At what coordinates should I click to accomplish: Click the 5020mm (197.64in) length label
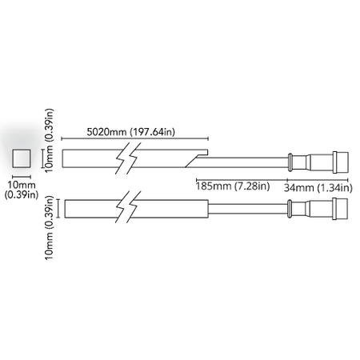pyautogui.click(x=131, y=132)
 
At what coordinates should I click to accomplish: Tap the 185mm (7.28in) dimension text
pyautogui.click(x=233, y=186)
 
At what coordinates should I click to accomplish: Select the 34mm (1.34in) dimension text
pyautogui.click(x=318, y=188)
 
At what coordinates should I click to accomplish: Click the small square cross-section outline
pyautogui.click(x=22, y=158)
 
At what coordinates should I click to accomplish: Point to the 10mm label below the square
pyautogui.click(x=22, y=185)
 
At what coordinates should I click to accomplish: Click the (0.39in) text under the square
pyautogui.click(x=22, y=194)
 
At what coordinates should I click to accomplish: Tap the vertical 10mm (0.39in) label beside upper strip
pyautogui.click(x=50, y=141)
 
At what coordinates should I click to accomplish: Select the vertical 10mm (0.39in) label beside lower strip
pyautogui.click(x=50, y=228)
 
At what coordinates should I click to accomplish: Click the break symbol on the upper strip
pyautogui.click(x=128, y=158)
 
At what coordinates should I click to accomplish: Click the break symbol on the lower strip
pyautogui.click(x=128, y=207)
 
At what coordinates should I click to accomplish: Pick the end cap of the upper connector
pyautogui.click(x=341, y=162)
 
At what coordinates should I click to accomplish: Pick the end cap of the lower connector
pyautogui.click(x=340, y=209)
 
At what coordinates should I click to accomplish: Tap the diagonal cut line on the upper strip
pyautogui.click(x=192, y=161)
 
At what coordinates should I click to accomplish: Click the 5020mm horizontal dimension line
pyautogui.click(x=134, y=138)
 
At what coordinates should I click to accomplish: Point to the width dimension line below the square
pyautogui.click(x=22, y=177)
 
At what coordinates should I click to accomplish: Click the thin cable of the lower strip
pyautogui.click(x=248, y=209)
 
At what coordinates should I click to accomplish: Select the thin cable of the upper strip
pyautogui.click(x=243, y=162)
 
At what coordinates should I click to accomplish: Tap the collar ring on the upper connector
pyautogui.click(x=290, y=162)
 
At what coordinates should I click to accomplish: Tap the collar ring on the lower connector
pyautogui.click(x=290, y=209)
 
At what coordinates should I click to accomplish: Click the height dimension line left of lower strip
pyautogui.click(x=58, y=209)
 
